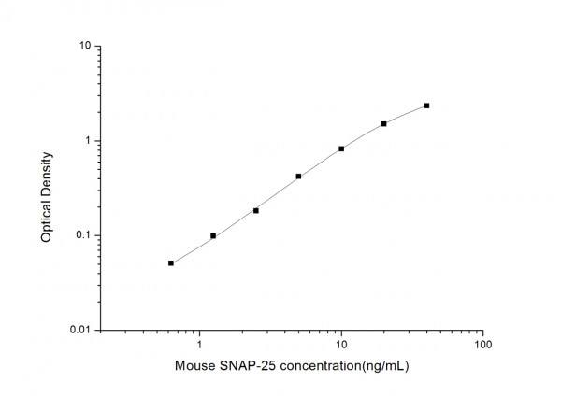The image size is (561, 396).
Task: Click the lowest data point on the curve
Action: [x=171, y=263]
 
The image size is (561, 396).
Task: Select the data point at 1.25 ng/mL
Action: [x=213, y=236]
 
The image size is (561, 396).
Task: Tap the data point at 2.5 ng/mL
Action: [x=256, y=210]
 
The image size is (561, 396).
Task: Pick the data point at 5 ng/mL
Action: [x=298, y=177]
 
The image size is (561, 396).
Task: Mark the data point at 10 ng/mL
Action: [x=341, y=148]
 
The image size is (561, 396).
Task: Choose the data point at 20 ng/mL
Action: [x=383, y=123]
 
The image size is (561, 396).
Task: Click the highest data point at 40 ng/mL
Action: [x=426, y=106]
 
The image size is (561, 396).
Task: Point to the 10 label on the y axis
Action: [x=84, y=46]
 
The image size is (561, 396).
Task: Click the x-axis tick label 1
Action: [x=199, y=346]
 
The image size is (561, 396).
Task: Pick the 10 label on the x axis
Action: [x=341, y=346]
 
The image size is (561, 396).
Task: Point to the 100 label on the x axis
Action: [x=483, y=346]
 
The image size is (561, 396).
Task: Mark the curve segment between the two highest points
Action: [x=406, y=113]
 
